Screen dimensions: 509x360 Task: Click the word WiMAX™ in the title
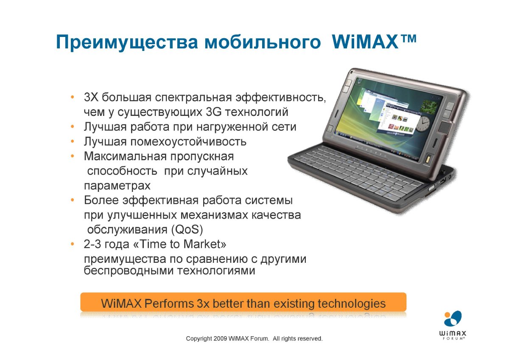[x=374, y=42]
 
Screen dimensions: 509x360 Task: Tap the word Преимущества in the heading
[x=127, y=42]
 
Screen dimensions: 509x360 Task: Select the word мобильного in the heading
[x=263, y=42]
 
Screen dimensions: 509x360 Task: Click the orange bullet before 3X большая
[x=73, y=97]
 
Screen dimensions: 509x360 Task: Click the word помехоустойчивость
[x=188, y=142]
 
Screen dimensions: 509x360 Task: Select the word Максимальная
[x=126, y=157]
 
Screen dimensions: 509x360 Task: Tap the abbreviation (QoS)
[x=187, y=230]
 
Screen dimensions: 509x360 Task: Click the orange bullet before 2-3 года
[x=73, y=244]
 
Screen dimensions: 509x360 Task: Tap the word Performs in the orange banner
[x=169, y=304]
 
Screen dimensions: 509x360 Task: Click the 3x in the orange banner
[x=203, y=304]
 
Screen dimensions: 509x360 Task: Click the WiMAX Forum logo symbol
[x=453, y=319]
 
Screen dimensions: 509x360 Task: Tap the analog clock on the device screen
[x=422, y=124]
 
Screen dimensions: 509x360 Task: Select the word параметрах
[x=117, y=186]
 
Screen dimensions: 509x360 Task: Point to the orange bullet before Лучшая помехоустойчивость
[x=73, y=141]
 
